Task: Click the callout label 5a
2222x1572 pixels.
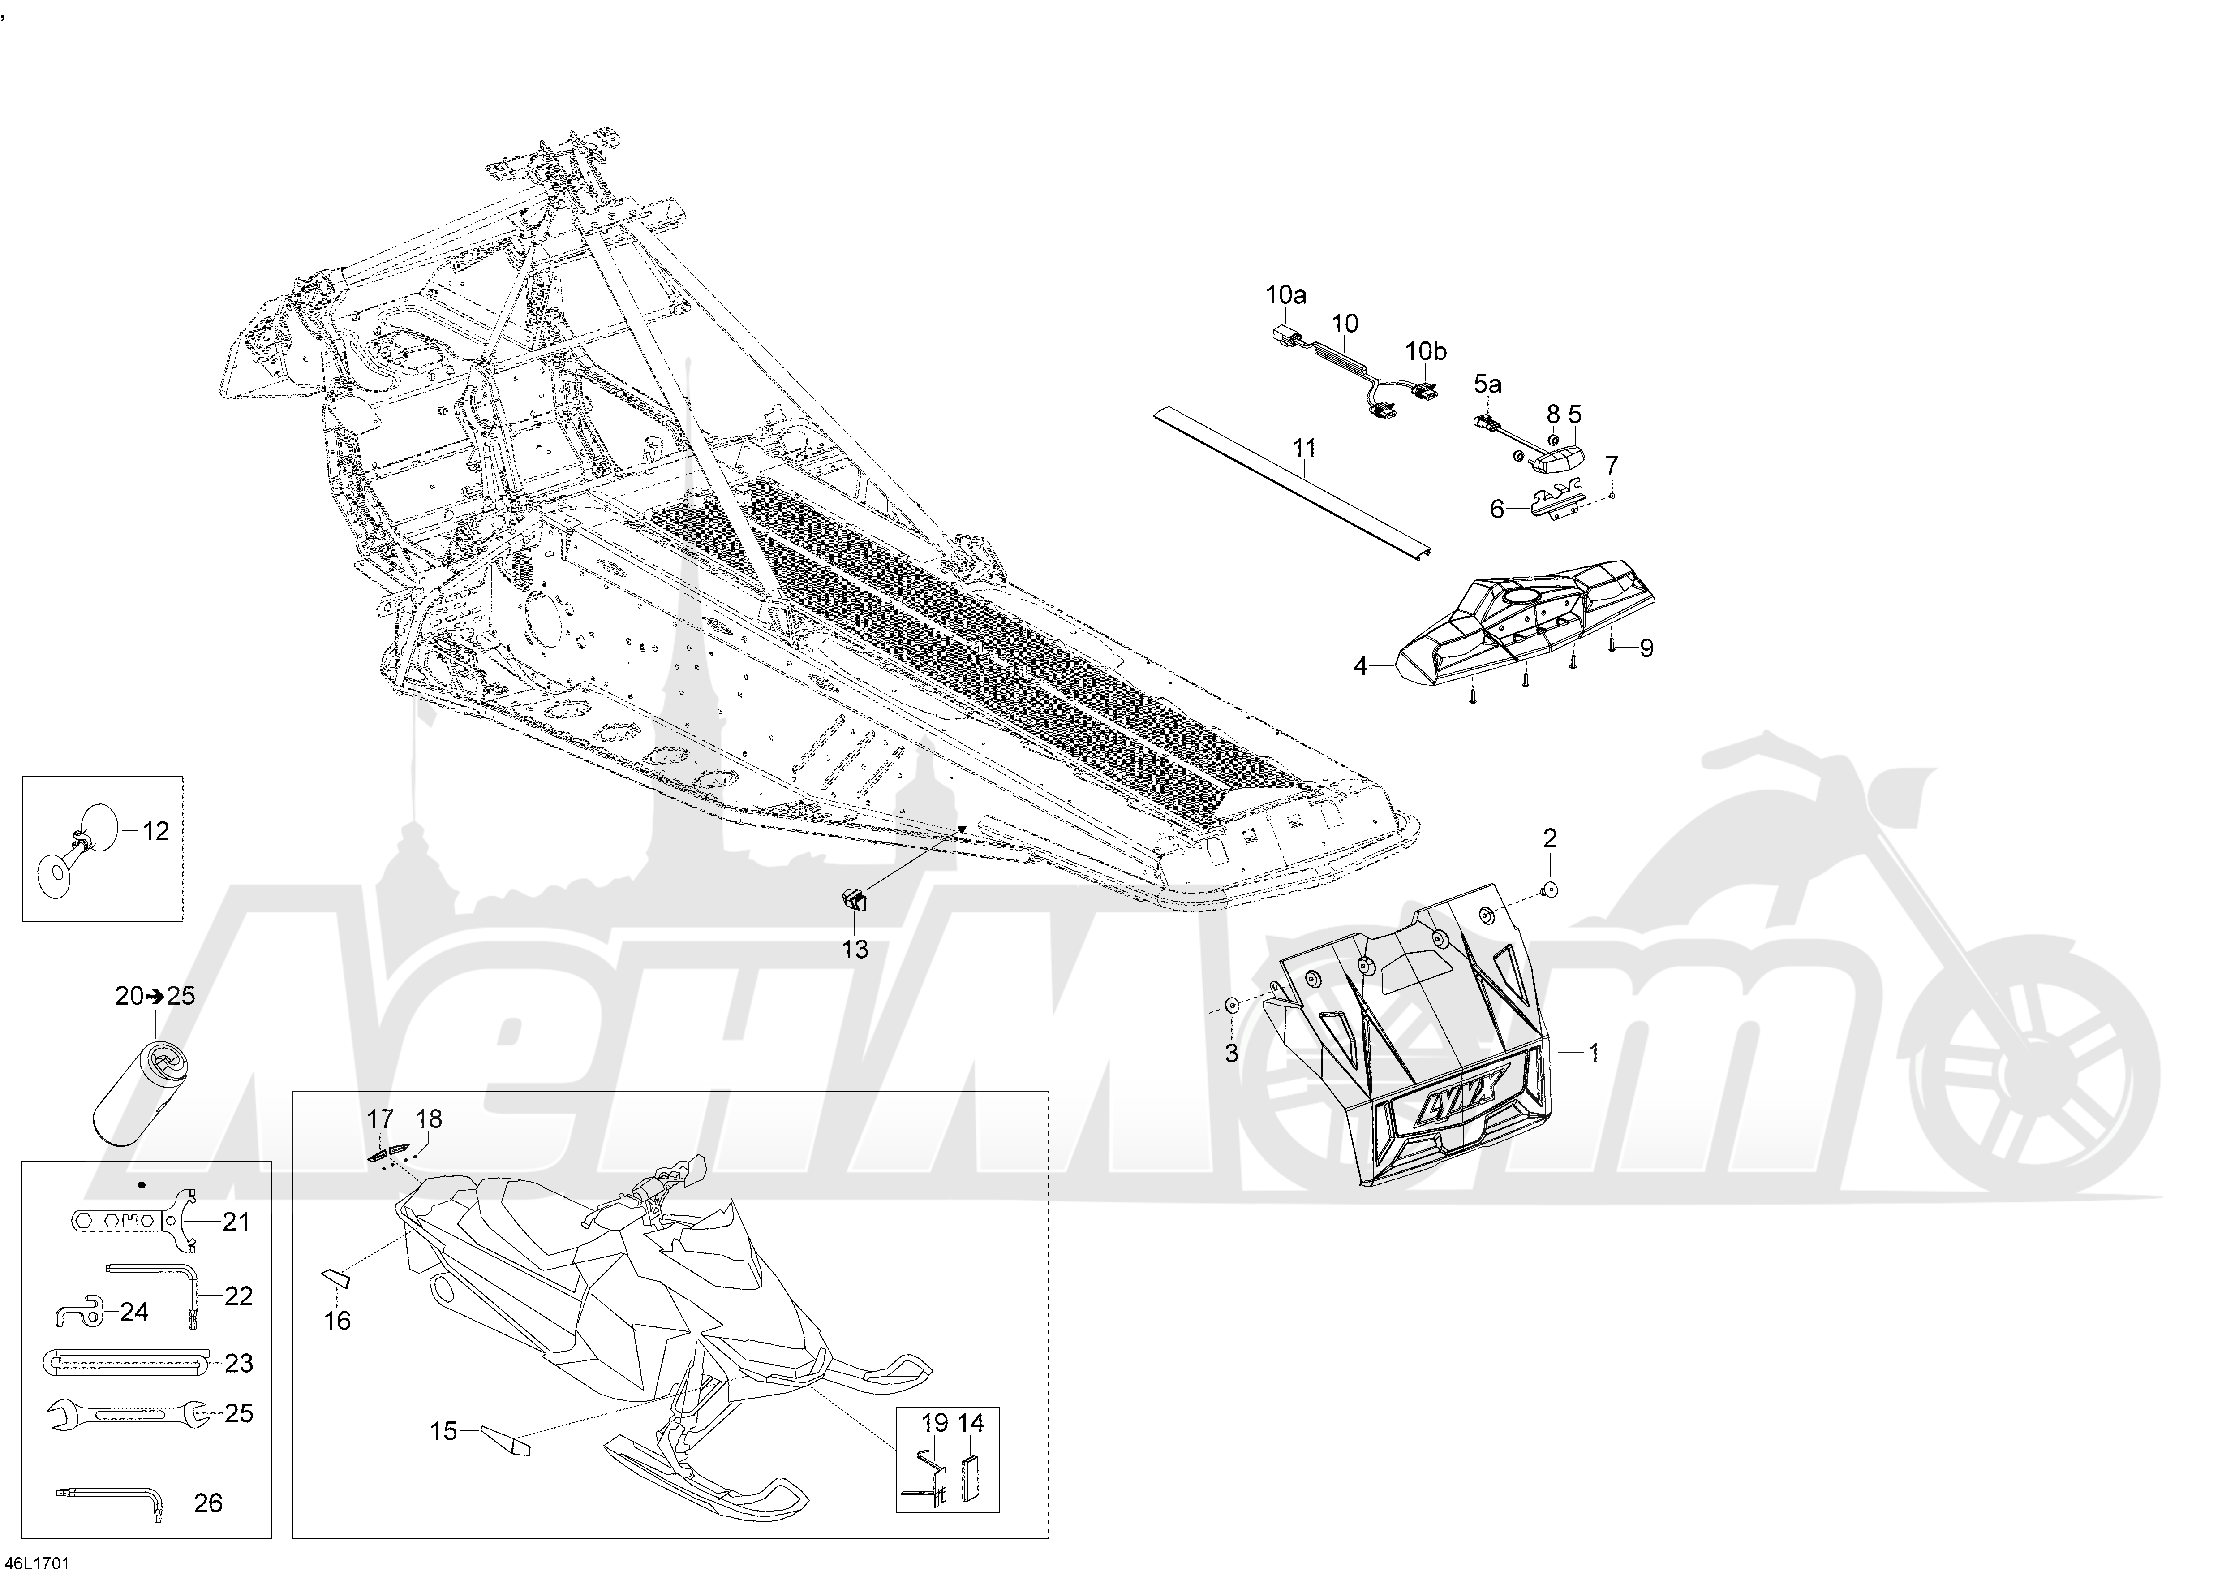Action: [1487, 384]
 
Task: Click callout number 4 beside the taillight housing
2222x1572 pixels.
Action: [1361, 666]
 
